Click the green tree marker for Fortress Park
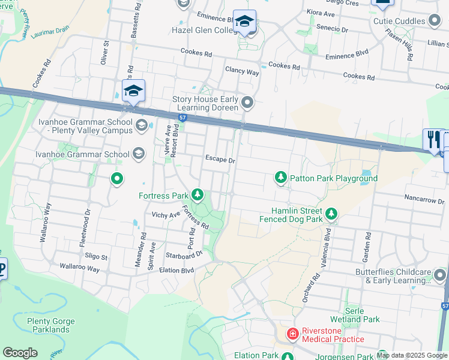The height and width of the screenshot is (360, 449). click(197, 195)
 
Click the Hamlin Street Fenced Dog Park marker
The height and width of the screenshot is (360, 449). click(330, 214)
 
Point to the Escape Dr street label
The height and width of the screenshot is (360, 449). click(220, 160)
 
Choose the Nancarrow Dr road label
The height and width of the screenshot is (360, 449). click(424, 200)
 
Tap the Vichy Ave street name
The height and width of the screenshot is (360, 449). click(166, 215)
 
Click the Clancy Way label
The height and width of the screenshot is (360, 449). click(242, 71)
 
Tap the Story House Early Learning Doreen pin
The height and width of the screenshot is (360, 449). click(247, 104)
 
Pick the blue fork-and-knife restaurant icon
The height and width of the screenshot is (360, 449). click(432, 139)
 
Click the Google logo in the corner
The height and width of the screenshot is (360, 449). click(20, 352)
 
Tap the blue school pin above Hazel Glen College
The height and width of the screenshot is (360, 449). click(244, 21)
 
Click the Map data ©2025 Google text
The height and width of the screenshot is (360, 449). click(411, 355)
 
